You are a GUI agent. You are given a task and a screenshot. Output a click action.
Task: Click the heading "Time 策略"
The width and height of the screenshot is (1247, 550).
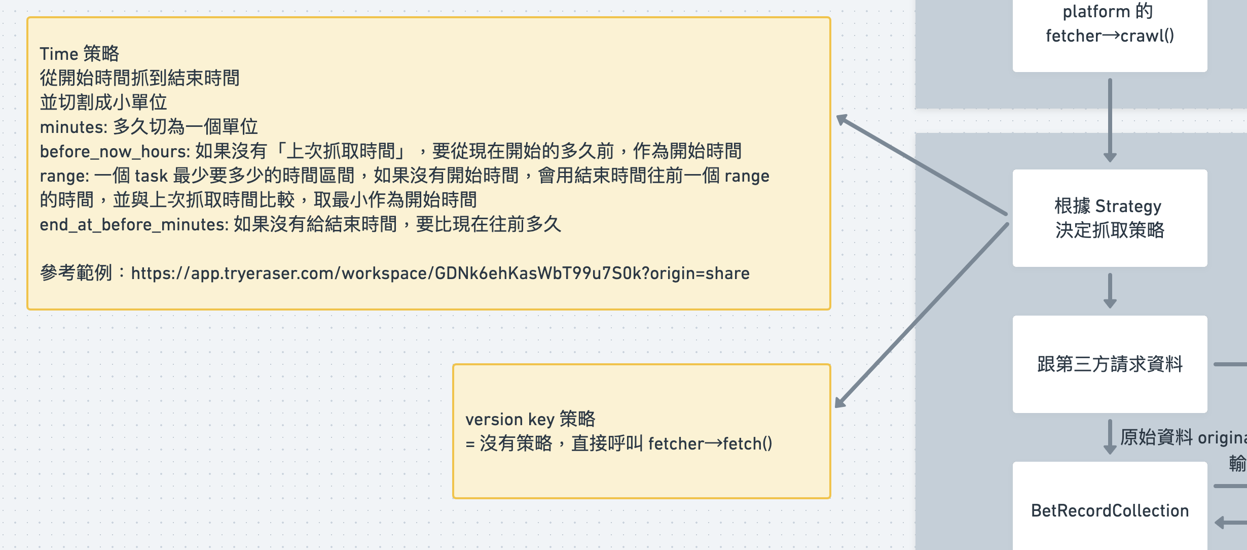[79, 54]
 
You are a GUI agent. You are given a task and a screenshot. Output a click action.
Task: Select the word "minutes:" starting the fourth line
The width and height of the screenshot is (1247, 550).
[73, 127]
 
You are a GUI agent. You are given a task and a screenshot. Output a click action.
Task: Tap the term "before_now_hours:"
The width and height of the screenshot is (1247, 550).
[115, 151]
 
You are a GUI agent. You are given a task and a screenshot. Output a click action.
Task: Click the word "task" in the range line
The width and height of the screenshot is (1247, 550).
[151, 176]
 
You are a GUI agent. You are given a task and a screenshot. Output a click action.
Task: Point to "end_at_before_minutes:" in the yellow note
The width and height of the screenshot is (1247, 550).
[134, 224]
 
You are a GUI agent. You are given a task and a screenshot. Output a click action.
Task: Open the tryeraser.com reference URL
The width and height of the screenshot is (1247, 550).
[440, 273]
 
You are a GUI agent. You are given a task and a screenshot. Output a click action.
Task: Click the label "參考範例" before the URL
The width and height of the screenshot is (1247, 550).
[76, 273]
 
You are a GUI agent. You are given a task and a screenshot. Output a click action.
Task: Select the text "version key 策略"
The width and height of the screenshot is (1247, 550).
[530, 419]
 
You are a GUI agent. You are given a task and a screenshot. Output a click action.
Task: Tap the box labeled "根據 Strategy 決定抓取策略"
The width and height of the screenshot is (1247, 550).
[1110, 218]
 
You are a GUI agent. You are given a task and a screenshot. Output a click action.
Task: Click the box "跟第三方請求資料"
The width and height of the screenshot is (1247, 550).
[1110, 364]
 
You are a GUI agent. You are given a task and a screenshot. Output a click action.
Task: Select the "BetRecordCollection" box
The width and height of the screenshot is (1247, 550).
[1110, 510]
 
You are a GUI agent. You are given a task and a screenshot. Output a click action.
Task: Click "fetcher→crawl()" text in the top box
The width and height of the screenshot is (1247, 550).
[1110, 36]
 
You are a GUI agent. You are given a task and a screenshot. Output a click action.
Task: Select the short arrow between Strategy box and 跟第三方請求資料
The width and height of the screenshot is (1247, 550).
[1110, 291]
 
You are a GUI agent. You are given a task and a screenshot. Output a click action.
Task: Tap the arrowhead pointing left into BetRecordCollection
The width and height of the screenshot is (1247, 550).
[1222, 522]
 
